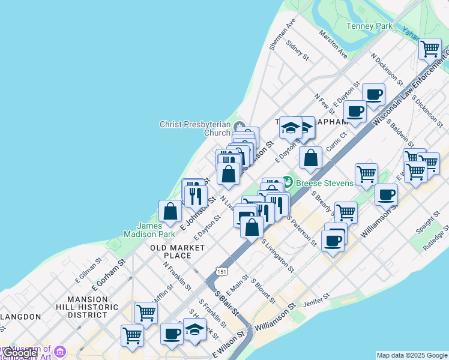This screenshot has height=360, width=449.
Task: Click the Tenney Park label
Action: tap(370, 26)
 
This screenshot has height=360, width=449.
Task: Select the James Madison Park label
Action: tap(149, 230)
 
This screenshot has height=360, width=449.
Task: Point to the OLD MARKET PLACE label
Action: tap(171, 251)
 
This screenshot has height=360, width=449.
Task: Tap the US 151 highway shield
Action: tap(223, 272)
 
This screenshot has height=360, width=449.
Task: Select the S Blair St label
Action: tap(228, 305)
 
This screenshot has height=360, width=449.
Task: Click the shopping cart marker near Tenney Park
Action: tap(430, 47)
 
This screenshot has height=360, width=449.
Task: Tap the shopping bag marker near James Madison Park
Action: tap(170, 211)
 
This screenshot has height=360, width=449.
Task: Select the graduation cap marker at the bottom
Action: tap(194, 329)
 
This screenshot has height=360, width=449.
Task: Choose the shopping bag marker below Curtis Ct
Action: tap(311, 158)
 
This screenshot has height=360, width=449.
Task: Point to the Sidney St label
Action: tap(297, 51)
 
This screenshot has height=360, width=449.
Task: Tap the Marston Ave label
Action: tap(333, 44)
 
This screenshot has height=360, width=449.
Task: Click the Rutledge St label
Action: tap(436, 238)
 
